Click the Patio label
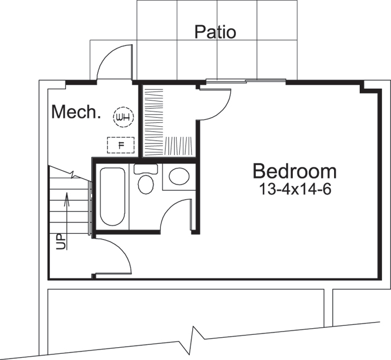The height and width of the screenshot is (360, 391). [x=215, y=32]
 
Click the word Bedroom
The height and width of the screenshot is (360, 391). [x=294, y=171]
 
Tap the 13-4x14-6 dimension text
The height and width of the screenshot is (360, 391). [x=295, y=189]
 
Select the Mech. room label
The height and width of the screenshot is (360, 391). [x=76, y=112]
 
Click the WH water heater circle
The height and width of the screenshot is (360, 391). [x=123, y=117]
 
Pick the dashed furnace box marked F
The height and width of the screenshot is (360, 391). [x=121, y=145]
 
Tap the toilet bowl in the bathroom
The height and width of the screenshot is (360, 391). [x=146, y=184]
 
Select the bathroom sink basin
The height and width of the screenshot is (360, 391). [x=179, y=177]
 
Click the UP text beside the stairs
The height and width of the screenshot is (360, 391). [x=60, y=242]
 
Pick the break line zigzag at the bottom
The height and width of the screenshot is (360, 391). [x=196, y=335]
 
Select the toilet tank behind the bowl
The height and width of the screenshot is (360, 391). [x=146, y=168]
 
